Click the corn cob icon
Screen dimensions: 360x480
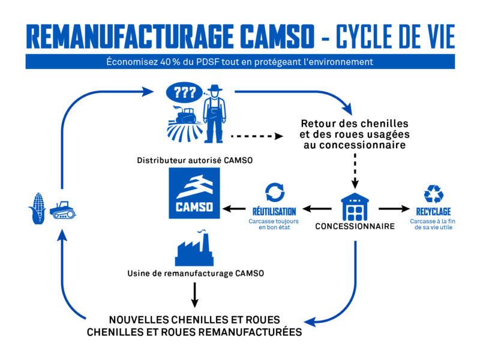tap(37, 208)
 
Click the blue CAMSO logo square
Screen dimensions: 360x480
tap(194, 194)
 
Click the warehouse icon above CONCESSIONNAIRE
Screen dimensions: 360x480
tap(355, 207)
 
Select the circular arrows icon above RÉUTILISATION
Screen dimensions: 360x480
tap(274, 193)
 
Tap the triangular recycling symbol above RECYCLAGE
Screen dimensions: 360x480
tap(433, 194)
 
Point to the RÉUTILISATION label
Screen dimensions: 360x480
tap(274, 212)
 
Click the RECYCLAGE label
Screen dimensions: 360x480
tap(433, 212)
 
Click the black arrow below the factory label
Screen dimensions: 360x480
tap(194, 294)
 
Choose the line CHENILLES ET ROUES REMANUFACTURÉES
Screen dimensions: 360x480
tap(194, 332)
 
